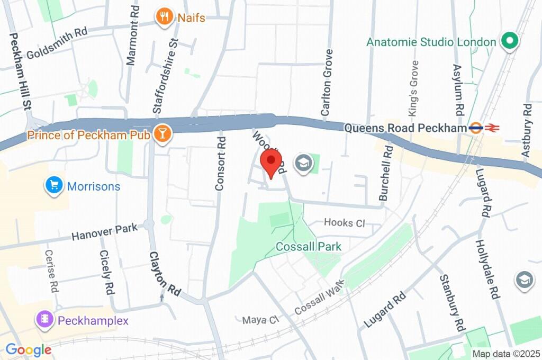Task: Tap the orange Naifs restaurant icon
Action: point(164,17)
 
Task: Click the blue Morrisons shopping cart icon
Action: point(53,186)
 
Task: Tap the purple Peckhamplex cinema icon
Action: point(44,320)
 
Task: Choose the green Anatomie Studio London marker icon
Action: point(510,41)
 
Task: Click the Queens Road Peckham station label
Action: point(405,128)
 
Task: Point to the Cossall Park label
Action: point(309,246)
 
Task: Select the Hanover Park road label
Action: point(105,232)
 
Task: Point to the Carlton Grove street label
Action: point(328,83)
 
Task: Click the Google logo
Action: point(29,349)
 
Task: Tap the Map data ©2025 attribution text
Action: point(505,354)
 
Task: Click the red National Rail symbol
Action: point(493,128)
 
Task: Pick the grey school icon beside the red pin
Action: point(303,163)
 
